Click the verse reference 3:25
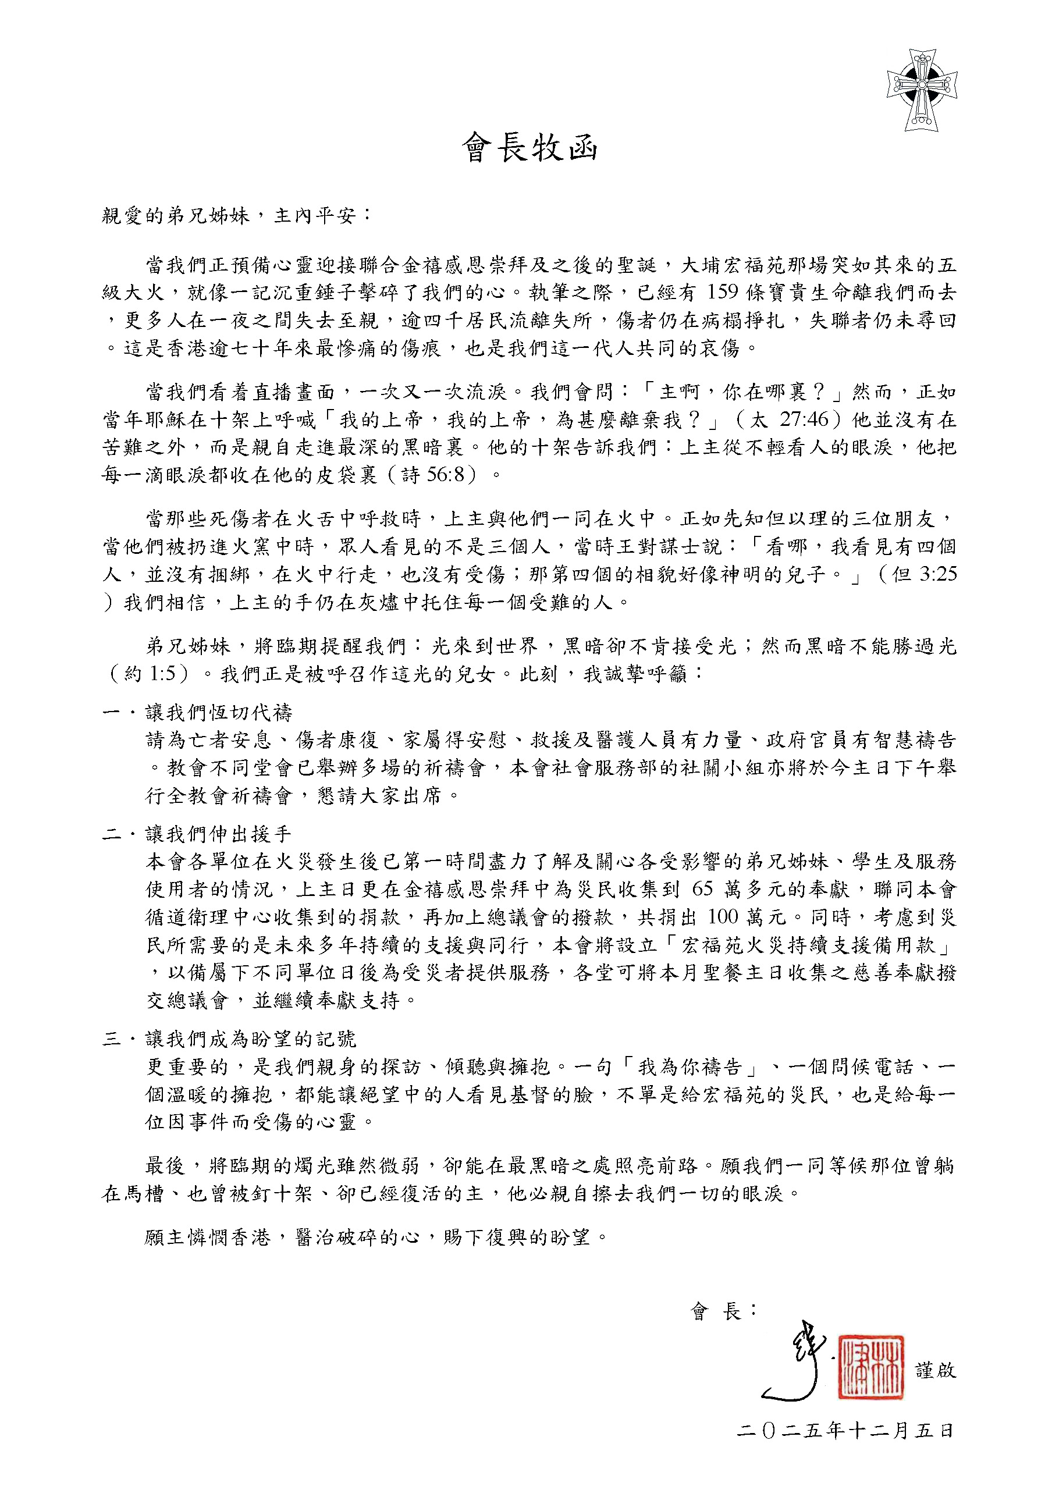point(938,574)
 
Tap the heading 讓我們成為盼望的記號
point(250,1039)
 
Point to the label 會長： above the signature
point(723,1311)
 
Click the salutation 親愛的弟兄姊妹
point(175,215)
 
